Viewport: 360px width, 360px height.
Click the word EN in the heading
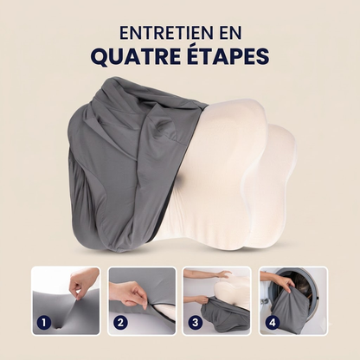(x=229, y=33)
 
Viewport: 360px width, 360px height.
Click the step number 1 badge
(x=44, y=322)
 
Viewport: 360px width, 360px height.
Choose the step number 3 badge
(x=196, y=322)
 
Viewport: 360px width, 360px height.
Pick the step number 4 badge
(x=272, y=322)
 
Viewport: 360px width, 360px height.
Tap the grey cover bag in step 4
(x=288, y=310)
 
